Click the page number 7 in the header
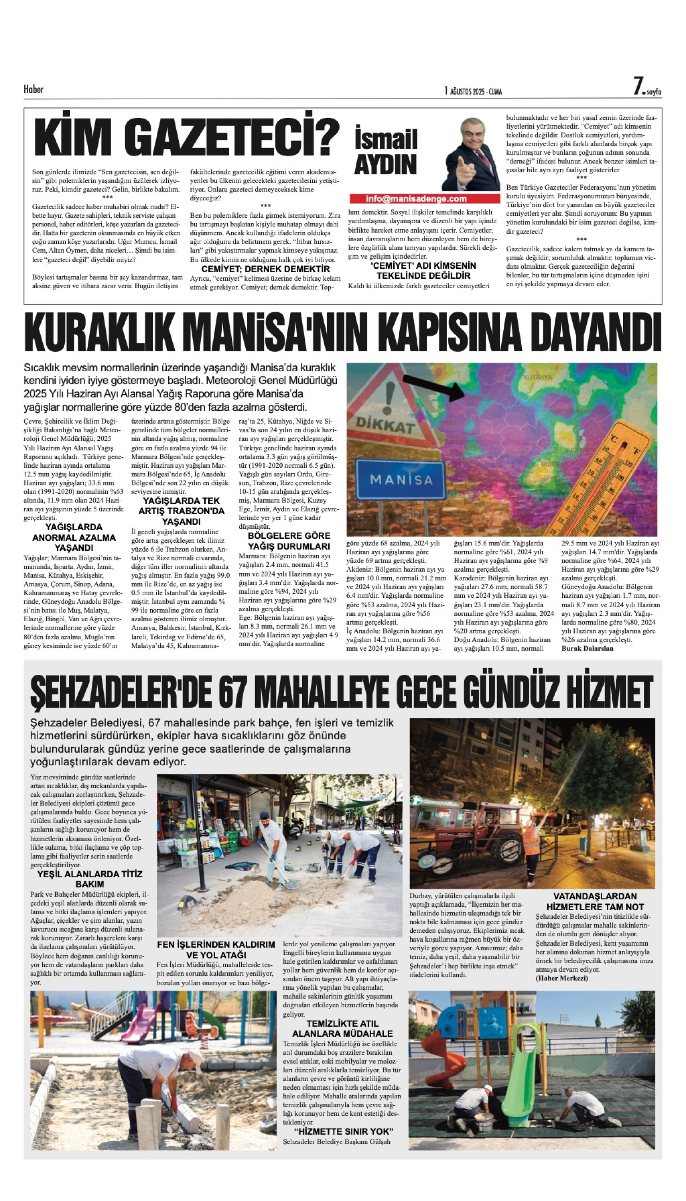[x=638, y=86]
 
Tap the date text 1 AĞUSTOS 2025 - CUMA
[x=473, y=91]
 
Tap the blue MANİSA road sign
[x=401, y=479]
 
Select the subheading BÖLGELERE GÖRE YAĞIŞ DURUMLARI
[x=289, y=541]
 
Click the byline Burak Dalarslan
[x=587, y=648]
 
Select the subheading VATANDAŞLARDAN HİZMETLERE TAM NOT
[x=595, y=901]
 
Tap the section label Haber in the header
[x=34, y=89]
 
